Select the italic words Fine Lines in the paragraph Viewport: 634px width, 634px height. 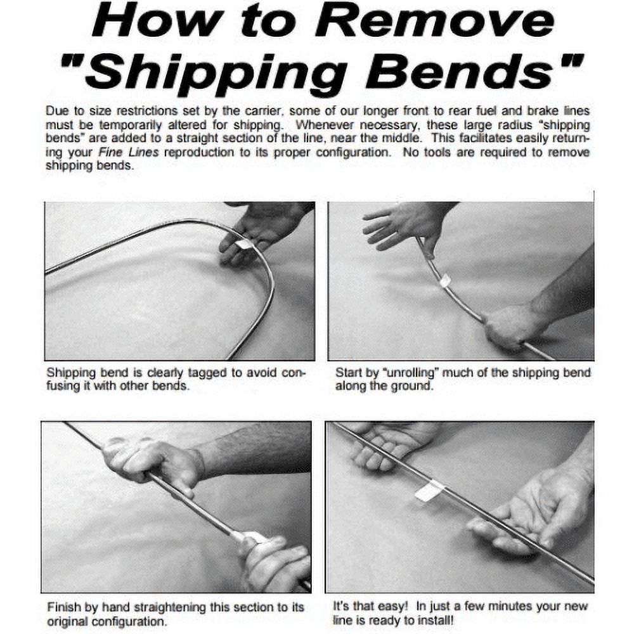128,152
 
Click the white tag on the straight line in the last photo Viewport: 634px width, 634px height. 429,491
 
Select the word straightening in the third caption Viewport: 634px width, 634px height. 170,607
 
